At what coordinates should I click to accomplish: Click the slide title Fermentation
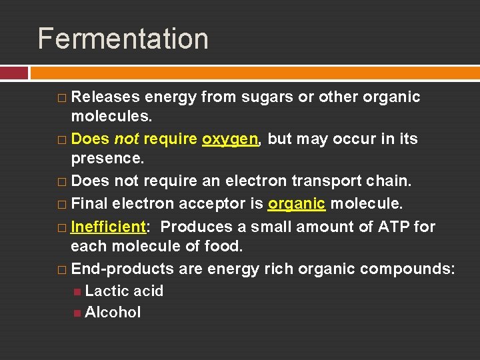click(x=123, y=39)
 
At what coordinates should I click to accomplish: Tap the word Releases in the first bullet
click(x=105, y=97)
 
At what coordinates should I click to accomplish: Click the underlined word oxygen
click(x=230, y=139)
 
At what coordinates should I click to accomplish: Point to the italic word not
click(x=126, y=139)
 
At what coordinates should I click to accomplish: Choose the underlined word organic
click(x=296, y=204)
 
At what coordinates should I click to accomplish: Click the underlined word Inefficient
click(x=108, y=227)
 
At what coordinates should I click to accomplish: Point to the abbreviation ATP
click(x=394, y=227)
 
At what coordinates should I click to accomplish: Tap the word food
click(x=224, y=247)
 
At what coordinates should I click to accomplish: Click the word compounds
click(x=407, y=269)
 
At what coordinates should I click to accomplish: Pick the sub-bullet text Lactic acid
click(x=124, y=291)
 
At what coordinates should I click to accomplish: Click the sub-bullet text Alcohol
click(x=113, y=312)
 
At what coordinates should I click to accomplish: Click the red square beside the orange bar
click(x=14, y=73)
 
